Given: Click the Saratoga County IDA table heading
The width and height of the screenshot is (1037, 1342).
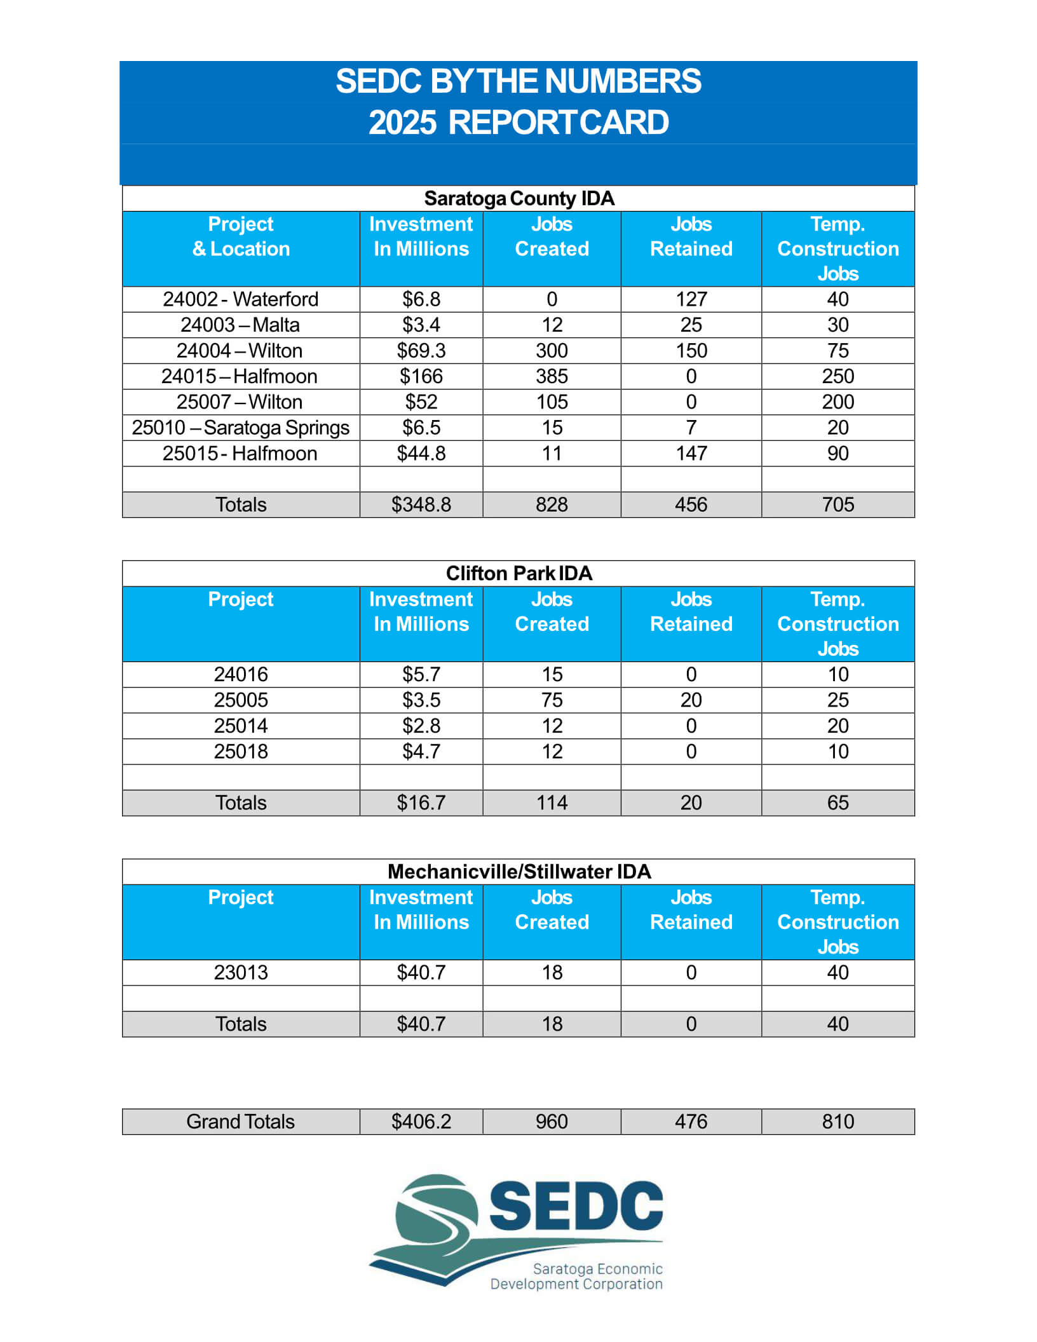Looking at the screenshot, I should pyautogui.click(x=518, y=198).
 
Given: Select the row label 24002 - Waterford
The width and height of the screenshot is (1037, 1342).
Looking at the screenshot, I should pyautogui.click(x=240, y=299).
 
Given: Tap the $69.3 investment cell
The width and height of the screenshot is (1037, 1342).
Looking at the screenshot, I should pyautogui.click(x=421, y=351).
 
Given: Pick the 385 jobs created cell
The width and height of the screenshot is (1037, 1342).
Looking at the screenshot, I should pyautogui.click(x=552, y=376).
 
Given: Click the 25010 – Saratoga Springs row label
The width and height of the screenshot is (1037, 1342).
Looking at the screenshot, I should pyautogui.click(x=240, y=428).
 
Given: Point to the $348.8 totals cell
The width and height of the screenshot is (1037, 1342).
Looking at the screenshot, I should pyautogui.click(x=421, y=505).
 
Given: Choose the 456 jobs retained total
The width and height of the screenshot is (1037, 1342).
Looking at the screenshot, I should pyautogui.click(x=691, y=505).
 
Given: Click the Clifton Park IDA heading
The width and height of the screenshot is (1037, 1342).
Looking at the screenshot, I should pyautogui.click(x=518, y=573).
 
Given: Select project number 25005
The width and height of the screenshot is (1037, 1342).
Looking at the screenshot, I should pyautogui.click(x=240, y=700).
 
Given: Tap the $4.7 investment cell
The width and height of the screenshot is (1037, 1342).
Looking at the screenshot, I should pyautogui.click(x=421, y=752).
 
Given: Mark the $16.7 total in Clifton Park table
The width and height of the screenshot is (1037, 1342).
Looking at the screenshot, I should pyautogui.click(x=421, y=803).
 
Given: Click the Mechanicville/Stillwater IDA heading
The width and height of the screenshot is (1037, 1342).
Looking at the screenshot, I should pyautogui.click(x=518, y=871).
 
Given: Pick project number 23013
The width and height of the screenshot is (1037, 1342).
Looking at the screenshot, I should pyautogui.click(x=240, y=972).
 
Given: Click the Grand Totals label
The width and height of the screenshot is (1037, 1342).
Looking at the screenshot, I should pyautogui.click(x=240, y=1122).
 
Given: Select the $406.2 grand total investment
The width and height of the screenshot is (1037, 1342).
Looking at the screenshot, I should pyautogui.click(x=421, y=1122).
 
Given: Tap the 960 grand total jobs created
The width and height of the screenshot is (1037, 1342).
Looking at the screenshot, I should pyautogui.click(x=552, y=1122).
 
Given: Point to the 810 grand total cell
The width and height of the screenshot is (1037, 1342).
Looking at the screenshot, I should pyautogui.click(x=837, y=1122).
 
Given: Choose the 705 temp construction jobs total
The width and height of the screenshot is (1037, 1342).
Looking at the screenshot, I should pyautogui.click(x=837, y=505).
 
